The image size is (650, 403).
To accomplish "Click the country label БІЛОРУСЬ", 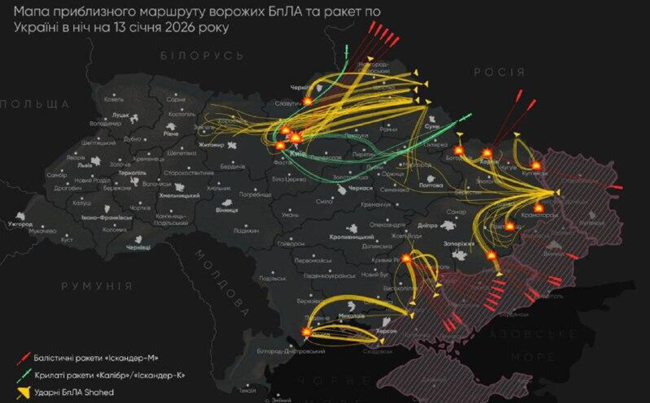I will pos(202,55).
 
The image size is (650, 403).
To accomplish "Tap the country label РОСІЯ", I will pos(499,72).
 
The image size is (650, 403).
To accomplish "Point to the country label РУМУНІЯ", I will pos(97,286).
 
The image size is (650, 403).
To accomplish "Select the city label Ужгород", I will pos(20,224).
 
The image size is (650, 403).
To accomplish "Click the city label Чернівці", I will pos(138,248).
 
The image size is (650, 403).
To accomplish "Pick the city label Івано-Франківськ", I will pos(107,218).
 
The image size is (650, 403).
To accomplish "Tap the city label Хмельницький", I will pos(179,195).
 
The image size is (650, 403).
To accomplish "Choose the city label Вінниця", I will pos(227,210).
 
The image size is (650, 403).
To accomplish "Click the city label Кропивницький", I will pos(351,237).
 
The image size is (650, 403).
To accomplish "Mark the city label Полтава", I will pos(431,185).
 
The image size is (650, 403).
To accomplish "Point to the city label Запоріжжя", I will pos(459,244).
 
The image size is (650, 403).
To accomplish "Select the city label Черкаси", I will pos(360,188).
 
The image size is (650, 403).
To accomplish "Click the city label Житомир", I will pos(211,145).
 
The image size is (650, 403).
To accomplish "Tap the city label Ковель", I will pos(114,99).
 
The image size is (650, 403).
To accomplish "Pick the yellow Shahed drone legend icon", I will pos(24,393).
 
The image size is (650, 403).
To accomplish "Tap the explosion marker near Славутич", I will pos(308,100).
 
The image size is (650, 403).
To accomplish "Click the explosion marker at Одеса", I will pos(306,332).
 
